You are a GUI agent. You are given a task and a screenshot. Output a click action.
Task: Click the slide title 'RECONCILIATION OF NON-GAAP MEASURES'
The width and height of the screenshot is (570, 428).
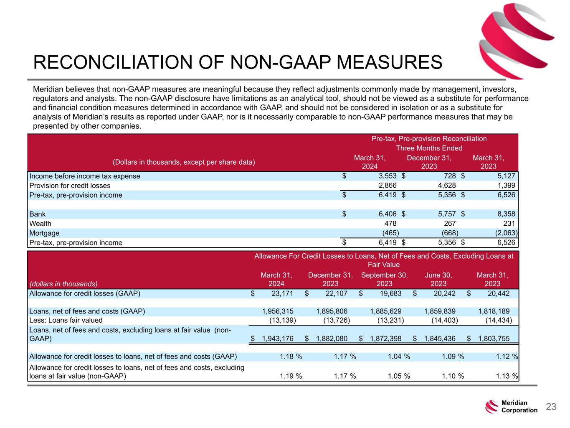[238, 63]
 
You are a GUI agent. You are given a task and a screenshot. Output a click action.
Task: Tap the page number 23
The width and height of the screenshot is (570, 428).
[551, 407]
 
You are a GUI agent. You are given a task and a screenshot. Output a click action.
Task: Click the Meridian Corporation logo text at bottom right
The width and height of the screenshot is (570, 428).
[519, 407]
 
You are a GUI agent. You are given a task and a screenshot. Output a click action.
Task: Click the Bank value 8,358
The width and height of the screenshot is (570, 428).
[506, 214]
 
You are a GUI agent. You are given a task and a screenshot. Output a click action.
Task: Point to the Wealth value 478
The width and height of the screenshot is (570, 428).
[390, 224]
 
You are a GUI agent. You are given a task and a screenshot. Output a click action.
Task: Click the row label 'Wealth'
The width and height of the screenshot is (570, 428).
[40, 224]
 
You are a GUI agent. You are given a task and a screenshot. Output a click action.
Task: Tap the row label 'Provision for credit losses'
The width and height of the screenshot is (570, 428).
[70, 186]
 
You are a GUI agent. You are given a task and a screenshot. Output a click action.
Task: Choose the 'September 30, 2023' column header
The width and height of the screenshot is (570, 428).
[384, 279]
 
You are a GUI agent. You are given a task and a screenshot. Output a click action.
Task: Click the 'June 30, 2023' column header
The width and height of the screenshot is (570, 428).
[438, 279]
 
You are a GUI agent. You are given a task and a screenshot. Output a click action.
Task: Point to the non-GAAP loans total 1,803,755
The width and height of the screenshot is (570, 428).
[493, 339]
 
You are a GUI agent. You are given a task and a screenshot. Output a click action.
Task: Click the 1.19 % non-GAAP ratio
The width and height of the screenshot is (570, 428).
[290, 376]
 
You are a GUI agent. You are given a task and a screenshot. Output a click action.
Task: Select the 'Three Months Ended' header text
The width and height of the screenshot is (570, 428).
[429, 148]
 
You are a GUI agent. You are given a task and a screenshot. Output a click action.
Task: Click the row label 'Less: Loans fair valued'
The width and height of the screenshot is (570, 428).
[66, 320]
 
